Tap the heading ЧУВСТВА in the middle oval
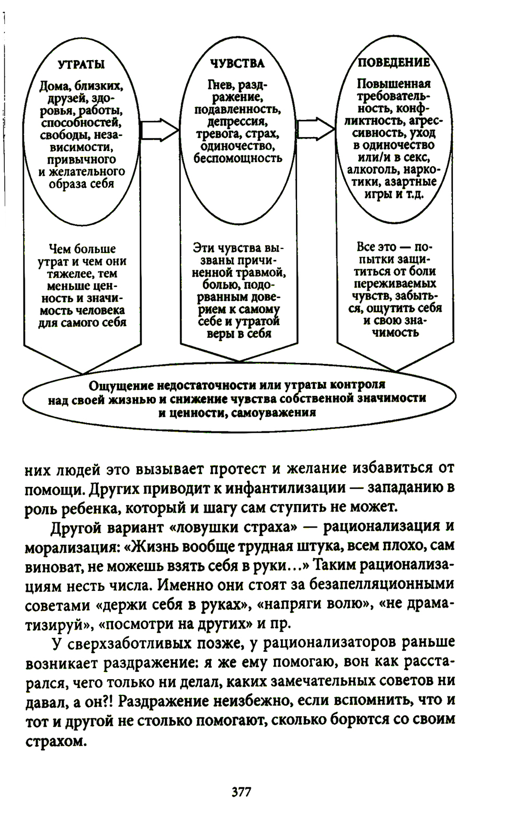click(237, 64)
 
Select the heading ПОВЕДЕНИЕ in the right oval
click(394, 63)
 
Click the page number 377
click(241, 792)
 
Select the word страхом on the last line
click(54, 741)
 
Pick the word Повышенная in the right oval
click(394, 84)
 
